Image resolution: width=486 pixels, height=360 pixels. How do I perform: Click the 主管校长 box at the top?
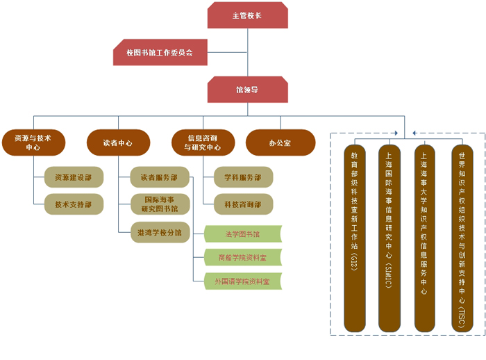click(x=247, y=15)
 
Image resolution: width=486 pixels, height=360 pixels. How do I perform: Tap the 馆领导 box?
click(x=247, y=90)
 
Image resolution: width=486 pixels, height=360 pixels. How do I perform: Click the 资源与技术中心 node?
click(x=33, y=142)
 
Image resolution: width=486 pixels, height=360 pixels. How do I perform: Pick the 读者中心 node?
click(x=118, y=142)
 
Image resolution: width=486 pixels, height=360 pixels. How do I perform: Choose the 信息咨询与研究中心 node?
click(x=203, y=142)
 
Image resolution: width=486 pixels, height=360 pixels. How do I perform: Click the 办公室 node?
click(x=280, y=142)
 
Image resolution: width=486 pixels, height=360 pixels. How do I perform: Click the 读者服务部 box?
click(x=159, y=177)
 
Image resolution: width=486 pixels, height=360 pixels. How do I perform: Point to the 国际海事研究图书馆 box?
click(x=159, y=204)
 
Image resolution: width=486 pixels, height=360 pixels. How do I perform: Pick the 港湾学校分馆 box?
click(x=159, y=233)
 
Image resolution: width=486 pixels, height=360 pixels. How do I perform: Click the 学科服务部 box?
click(x=243, y=177)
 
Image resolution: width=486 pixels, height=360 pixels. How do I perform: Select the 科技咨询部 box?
click(x=243, y=204)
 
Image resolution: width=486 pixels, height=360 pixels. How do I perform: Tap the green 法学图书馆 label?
click(x=243, y=234)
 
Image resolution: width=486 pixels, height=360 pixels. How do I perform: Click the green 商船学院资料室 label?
click(x=243, y=258)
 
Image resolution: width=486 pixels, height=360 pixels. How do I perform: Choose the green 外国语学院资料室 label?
click(x=243, y=281)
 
